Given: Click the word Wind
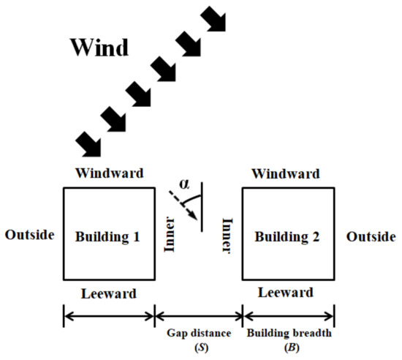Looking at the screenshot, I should click(99, 48).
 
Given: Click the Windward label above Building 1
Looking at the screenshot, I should click(109, 174).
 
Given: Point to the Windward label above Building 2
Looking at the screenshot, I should click(285, 174).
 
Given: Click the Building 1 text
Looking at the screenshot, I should click(108, 236).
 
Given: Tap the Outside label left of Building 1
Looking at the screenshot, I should click(30, 235).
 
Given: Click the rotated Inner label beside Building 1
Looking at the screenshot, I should click(170, 236).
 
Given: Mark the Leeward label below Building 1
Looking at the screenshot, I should click(108, 294).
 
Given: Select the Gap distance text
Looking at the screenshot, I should click(198, 333).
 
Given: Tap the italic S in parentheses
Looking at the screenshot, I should click(198, 347).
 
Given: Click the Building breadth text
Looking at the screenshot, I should click(289, 333).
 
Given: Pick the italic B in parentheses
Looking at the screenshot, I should click(289, 347).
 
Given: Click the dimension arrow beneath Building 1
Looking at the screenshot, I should click(109, 317).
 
